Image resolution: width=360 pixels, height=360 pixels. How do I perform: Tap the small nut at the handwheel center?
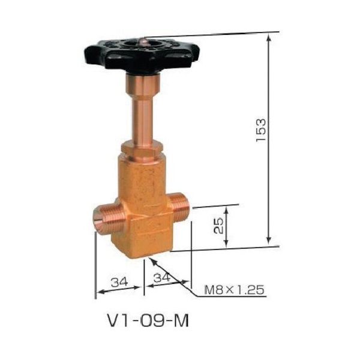point(143,43)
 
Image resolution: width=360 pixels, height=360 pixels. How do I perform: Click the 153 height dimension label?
point(261,131)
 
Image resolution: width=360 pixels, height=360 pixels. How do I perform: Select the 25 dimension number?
point(218,226)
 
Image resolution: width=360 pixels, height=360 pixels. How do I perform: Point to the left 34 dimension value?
point(119,282)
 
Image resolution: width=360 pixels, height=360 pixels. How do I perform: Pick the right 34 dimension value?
point(162,278)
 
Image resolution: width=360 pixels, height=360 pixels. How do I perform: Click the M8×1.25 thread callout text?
point(234,290)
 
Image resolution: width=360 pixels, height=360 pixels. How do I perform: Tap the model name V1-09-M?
point(148,321)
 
